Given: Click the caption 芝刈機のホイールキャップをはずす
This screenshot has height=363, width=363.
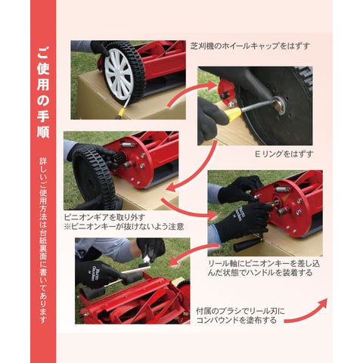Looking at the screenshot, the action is coord(250,46).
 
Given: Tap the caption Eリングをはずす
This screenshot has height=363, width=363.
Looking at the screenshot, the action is coord(284,154).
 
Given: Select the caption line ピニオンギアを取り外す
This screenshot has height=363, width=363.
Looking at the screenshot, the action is coord(104,217).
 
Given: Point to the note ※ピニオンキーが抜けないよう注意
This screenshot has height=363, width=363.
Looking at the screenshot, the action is coord(124,226).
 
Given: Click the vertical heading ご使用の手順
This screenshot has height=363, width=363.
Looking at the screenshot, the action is coord(43,92).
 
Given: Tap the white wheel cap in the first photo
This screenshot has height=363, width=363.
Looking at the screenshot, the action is coord(119,73).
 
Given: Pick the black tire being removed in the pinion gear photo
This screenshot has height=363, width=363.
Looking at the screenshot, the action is coord(94,176).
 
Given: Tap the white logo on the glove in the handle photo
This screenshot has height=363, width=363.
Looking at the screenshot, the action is coord(239,214).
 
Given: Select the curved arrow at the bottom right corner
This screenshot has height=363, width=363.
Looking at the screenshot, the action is coord(306,312).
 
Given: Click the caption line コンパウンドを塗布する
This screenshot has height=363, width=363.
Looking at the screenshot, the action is coord(236,321).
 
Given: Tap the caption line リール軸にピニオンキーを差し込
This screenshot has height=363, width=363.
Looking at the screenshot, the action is coord(264,264).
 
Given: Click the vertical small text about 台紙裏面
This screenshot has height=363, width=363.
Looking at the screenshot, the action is coord(43,240).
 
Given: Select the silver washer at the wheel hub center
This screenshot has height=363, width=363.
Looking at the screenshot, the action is coord(280,104).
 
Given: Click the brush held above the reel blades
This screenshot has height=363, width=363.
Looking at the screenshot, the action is coord(146,262).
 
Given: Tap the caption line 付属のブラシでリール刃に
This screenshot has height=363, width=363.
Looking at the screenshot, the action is coord(240,311).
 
